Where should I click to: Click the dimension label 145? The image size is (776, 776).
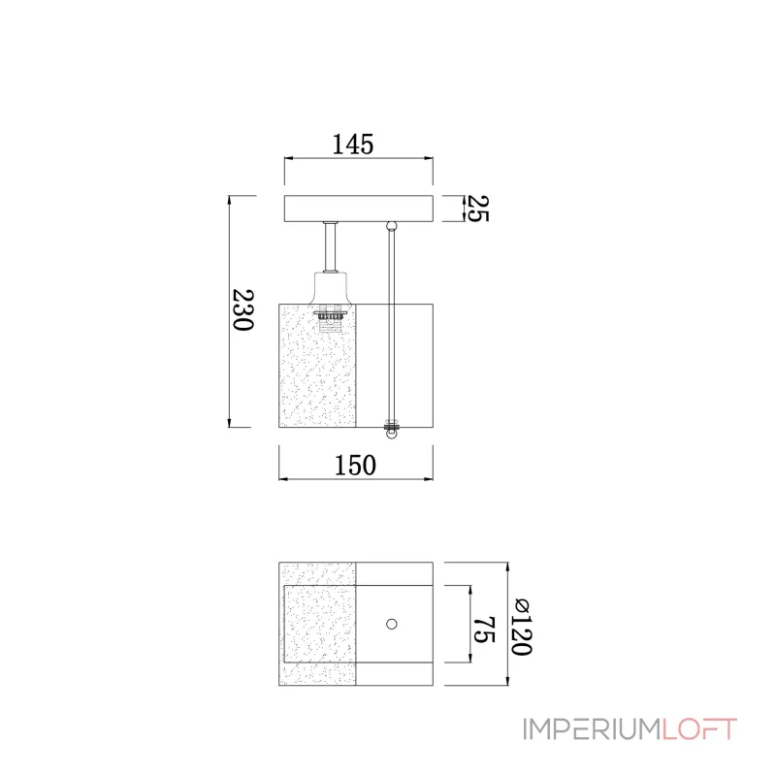[352, 145]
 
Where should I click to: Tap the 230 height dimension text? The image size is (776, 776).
[243, 309]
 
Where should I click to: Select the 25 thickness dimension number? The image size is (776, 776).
[477, 209]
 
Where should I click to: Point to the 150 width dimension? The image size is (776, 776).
[355, 466]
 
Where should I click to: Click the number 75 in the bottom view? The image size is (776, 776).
[484, 630]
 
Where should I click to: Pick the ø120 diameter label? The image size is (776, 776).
[521, 627]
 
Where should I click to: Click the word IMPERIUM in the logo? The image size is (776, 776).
[592, 729]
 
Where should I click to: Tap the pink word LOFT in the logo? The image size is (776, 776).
[699, 729]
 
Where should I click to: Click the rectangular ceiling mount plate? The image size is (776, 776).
[359, 209]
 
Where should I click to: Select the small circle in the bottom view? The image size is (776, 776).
[392, 624]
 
